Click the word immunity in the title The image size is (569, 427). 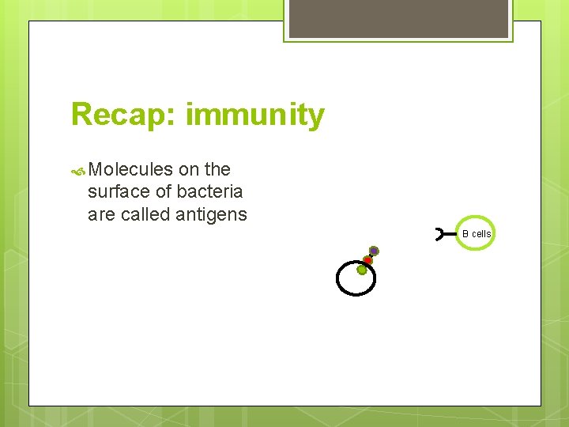coord(254,116)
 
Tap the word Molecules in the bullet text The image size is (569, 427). coord(131,169)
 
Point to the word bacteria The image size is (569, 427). coord(209,191)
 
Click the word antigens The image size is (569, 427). coord(210,214)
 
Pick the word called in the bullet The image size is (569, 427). coord(144,214)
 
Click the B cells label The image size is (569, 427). coord(477,234)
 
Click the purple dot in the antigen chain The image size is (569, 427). coord(374,251)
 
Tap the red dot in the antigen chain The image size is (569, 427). coord(367,260)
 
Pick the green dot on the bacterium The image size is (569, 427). coord(362,270)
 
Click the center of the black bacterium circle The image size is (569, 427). coord(356,279)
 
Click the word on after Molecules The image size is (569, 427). coord(189,169)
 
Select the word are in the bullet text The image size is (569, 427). coord(100,214)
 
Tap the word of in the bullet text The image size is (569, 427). coord(163,191)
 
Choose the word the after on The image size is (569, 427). coord(217,169)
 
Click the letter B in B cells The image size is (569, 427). coord(465,234)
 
